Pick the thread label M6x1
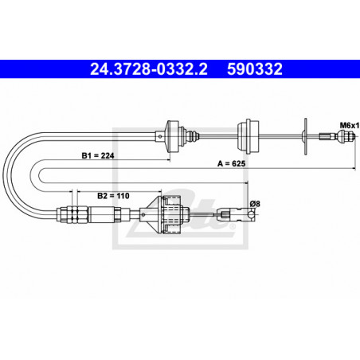(x=347, y=124)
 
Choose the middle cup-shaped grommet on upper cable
(x=247, y=133)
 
